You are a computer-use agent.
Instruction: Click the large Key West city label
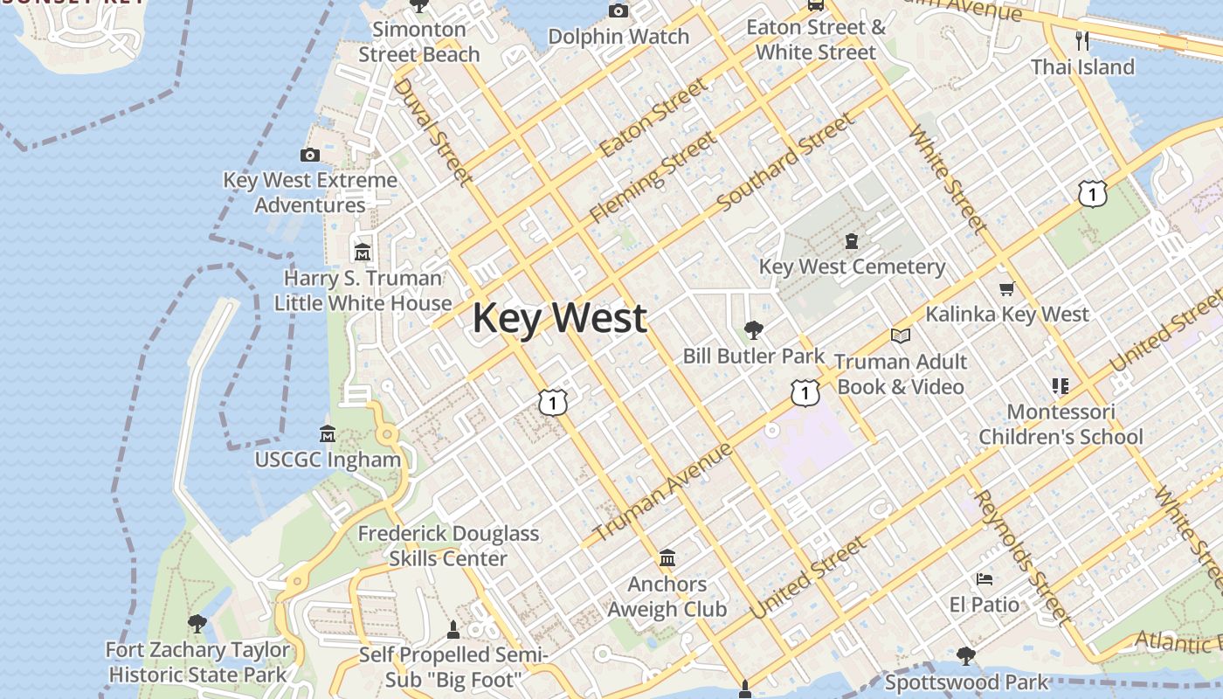pyautogui.click(x=559, y=317)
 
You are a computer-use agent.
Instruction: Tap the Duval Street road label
pyautogui.click(x=432, y=131)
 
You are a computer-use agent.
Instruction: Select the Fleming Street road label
pyautogui.click(x=653, y=177)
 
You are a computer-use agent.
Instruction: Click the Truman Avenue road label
pyautogui.click(x=662, y=492)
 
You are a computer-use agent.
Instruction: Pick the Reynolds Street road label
pyautogui.click(x=1021, y=557)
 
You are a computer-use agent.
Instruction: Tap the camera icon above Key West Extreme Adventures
pyautogui.click(x=309, y=155)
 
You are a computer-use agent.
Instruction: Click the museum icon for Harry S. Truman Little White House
pyautogui.click(x=362, y=253)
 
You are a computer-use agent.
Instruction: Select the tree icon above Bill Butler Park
pyautogui.click(x=753, y=329)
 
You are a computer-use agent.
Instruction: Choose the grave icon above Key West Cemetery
pyautogui.click(x=852, y=241)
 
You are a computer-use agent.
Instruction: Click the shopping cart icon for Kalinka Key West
pyautogui.click(x=1006, y=288)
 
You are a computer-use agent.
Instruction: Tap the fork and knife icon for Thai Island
pyautogui.click(x=1082, y=40)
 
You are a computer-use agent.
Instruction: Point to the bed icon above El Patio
pyautogui.click(x=984, y=578)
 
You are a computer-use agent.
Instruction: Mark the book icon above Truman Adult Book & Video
pyautogui.click(x=900, y=336)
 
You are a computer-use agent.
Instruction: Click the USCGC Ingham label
pyautogui.click(x=328, y=459)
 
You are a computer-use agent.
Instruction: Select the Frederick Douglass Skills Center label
pyautogui.click(x=448, y=545)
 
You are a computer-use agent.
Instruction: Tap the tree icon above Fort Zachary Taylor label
pyautogui.click(x=197, y=623)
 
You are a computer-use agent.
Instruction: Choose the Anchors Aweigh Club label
pyautogui.click(x=667, y=596)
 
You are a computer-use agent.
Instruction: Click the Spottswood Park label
pyautogui.click(x=966, y=682)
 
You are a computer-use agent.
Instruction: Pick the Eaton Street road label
pyautogui.click(x=653, y=118)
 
